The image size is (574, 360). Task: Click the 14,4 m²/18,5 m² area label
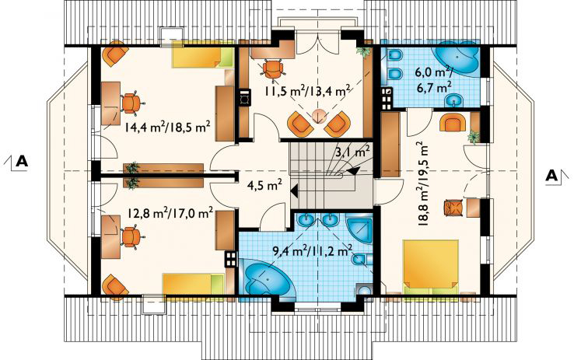(167, 128)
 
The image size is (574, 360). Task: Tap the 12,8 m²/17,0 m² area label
(171, 213)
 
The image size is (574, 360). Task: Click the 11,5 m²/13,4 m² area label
(306, 90)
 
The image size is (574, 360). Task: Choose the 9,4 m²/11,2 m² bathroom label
(312, 251)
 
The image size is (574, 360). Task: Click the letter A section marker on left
(22, 162)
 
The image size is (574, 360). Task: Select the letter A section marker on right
(551, 176)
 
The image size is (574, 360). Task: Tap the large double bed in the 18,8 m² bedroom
(431, 267)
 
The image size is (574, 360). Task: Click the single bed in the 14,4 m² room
(202, 54)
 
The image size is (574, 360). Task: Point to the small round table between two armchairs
(319, 115)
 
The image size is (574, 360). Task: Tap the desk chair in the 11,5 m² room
(273, 68)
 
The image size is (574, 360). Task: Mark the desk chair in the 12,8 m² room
(131, 236)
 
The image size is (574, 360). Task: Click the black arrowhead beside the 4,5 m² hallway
(293, 190)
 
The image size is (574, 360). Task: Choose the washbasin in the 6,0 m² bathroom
(453, 100)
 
